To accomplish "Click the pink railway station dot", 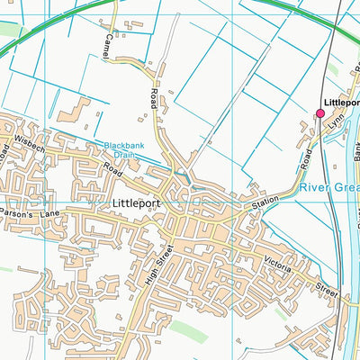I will click(319, 113).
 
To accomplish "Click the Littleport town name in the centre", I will click(138, 203).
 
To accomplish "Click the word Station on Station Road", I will click(266, 202).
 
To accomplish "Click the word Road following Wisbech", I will click(112, 167).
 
